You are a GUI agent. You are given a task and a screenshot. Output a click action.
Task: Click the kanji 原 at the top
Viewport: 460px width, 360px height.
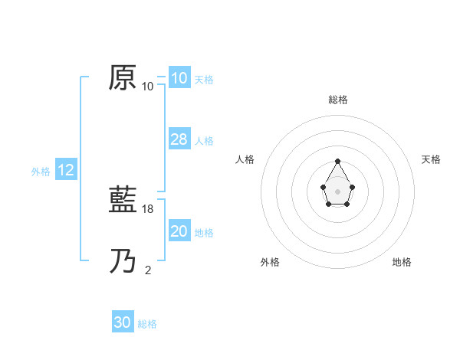[123, 77]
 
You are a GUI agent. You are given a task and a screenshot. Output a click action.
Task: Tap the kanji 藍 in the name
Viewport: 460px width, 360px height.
[123, 200]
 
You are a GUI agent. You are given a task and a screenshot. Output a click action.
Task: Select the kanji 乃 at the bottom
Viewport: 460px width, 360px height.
[123, 261]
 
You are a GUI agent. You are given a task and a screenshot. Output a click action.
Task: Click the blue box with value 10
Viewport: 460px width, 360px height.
[179, 78]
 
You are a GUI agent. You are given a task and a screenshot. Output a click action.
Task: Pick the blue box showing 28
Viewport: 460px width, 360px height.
[179, 139]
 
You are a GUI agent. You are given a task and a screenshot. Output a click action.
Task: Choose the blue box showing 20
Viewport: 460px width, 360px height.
[179, 231]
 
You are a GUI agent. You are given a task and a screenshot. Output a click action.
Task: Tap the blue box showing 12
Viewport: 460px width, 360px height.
[66, 170]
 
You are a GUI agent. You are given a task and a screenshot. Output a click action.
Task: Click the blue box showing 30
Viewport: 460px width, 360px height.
[123, 322]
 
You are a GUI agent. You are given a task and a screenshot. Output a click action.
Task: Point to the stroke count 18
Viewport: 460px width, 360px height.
[149, 209]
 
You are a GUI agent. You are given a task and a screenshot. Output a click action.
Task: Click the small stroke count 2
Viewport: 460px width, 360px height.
[148, 270]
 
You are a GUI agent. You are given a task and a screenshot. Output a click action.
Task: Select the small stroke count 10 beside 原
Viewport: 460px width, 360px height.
[148, 87]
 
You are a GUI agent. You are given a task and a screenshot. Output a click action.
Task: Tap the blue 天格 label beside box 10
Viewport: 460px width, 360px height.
[204, 80]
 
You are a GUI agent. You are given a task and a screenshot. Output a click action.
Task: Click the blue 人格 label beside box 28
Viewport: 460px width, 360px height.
[204, 141]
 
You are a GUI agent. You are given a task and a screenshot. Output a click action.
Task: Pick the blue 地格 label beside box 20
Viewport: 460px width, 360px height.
[204, 233]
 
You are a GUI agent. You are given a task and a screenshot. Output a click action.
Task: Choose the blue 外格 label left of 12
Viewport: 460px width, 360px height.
[41, 172]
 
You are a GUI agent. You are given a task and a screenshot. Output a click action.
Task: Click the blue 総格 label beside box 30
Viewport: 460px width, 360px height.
[147, 324]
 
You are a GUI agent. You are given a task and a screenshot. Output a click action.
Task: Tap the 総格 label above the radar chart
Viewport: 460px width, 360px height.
[338, 100]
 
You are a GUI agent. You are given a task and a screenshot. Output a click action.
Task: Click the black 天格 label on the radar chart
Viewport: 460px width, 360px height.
[431, 159]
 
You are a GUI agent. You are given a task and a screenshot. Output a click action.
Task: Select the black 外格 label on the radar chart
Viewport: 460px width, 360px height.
[270, 262]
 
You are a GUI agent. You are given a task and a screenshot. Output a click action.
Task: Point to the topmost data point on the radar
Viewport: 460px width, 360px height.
[338, 161]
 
